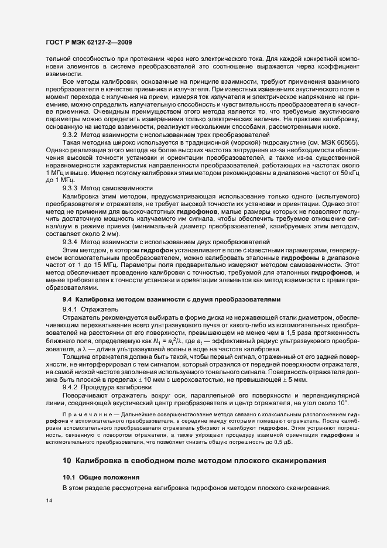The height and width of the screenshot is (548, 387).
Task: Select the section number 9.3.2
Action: click(70, 151)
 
